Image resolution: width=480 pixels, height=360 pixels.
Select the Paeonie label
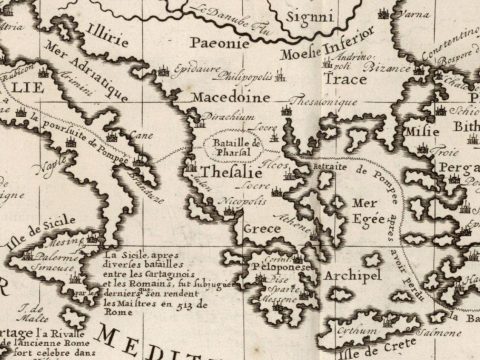pos(213,45)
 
